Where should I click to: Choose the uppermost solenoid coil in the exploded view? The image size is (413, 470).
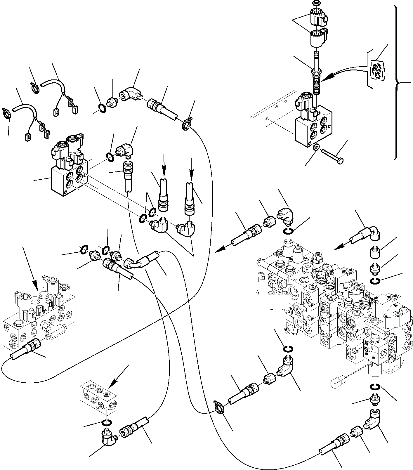click(x=317, y=16)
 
